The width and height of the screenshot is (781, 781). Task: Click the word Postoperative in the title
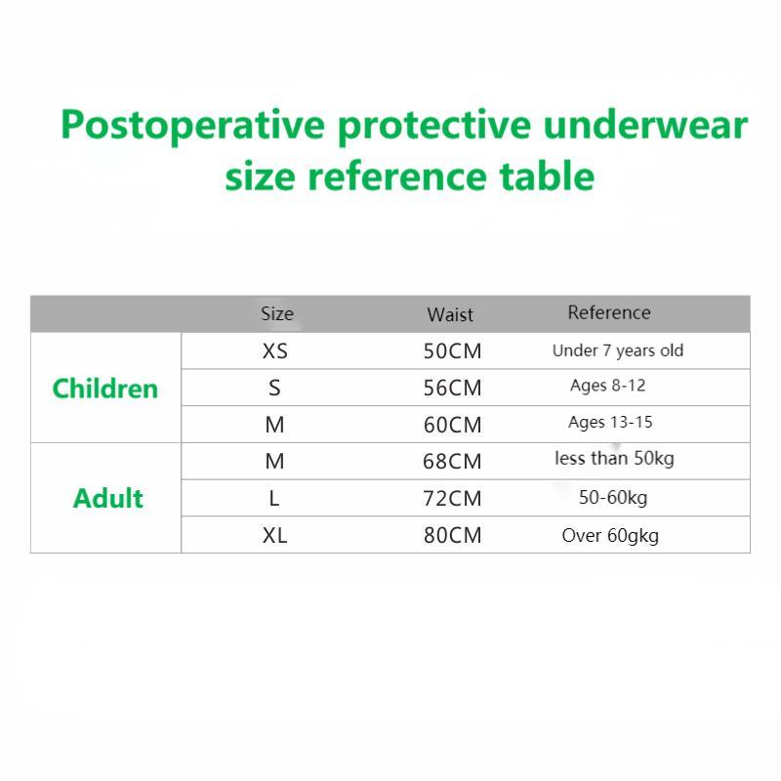click(192, 126)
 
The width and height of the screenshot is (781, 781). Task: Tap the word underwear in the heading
click(645, 125)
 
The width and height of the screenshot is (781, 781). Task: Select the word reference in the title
click(397, 177)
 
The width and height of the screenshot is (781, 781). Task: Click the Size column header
click(277, 313)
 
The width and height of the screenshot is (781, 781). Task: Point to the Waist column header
click(450, 314)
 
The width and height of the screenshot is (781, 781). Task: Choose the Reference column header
click(609, 312)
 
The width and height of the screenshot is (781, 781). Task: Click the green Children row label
click(105, 388)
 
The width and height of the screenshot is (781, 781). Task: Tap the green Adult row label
click(108, 498)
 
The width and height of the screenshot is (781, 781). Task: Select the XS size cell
click(275, 351)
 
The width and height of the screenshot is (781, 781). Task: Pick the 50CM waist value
click(452, 351)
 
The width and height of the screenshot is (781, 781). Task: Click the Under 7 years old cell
click(618, 350)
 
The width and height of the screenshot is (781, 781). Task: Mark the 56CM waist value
click(452, 388)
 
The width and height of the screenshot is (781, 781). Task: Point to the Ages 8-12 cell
click(607, 386)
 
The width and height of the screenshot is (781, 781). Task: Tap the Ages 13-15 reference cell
click(610, 423)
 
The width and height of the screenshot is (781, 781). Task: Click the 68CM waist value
click(452, 461)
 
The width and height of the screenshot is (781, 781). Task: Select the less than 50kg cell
click(614, 459)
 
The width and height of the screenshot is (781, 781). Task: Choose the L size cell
click(274, 498)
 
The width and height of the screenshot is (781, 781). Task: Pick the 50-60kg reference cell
click(613, 498)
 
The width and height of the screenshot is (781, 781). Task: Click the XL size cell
click(275, 535)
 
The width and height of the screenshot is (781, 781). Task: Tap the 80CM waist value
click(452, 535)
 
